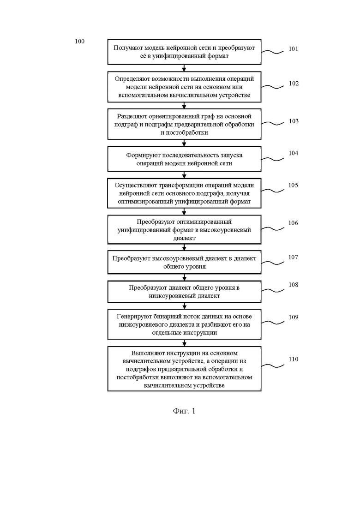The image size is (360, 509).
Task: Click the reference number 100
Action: [x=79, y=41]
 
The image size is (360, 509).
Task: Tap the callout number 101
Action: [x=294, y=49]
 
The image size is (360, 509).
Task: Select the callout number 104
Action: [x=294, y=153]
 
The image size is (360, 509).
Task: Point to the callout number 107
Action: [x=293, y=257]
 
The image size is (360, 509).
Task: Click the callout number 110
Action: [x=294, y=359]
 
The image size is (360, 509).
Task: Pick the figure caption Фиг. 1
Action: [x=184, y=411]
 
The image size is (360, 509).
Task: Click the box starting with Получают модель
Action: [x=184, y=52]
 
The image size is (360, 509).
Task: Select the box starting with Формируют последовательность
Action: [x=184, y=159]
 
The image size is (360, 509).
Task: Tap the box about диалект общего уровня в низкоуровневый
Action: [x=184, y=292]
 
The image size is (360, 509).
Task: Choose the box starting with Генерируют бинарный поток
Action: [x=184, y=324]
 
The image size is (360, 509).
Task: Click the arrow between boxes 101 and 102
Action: [x=184, y=68]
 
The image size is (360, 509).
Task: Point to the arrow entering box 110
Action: [x=184, y=343]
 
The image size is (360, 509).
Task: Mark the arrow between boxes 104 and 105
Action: [x=184, y=174]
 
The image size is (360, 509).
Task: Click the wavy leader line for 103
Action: [x=273, y=123]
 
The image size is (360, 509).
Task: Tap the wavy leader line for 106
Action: [x=273, y=228]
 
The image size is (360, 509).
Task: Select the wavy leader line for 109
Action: [x=273, y=322]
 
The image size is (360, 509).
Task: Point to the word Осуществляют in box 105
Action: [x=136, y=186]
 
